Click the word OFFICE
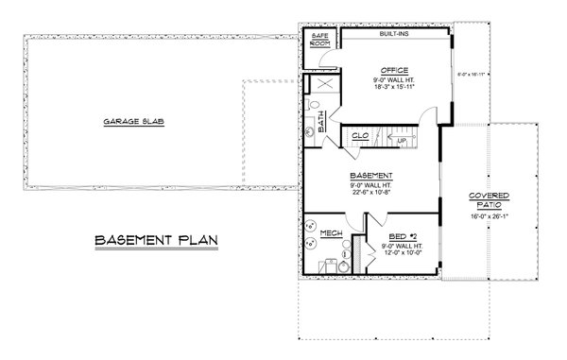coord(395,71)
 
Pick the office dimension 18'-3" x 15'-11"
coord(395,88)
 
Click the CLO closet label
coord(359,137)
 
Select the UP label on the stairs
coord(402,141)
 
